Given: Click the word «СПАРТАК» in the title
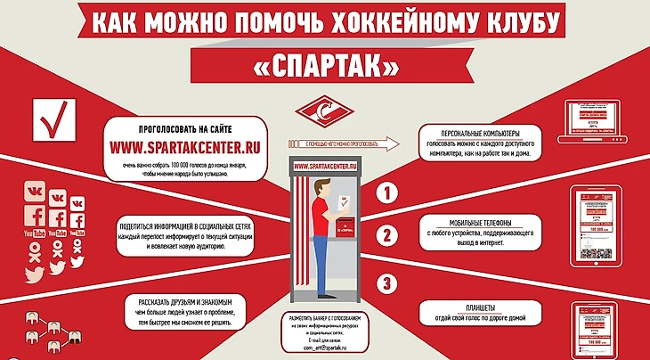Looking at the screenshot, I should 324,65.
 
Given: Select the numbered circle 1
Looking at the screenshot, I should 386,192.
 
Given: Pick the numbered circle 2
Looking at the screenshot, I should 386,237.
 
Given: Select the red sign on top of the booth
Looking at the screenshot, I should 324,167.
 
